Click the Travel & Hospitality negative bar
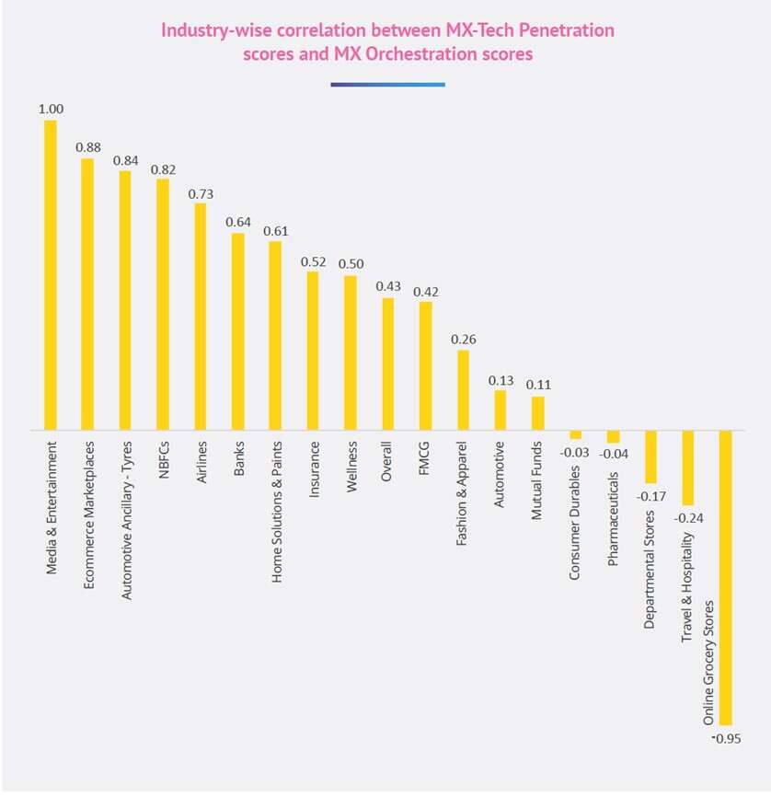[687, 468]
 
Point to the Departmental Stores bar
[650, 456]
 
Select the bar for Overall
[388, 364]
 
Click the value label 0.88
[88, 146]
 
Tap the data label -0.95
[726, 738]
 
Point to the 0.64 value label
[238, 222]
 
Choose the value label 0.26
[463, 339]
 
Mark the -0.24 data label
[687, 517]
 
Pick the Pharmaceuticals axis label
[613, 505]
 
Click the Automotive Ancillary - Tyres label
[126, 520]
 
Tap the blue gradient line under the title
[387, 85]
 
